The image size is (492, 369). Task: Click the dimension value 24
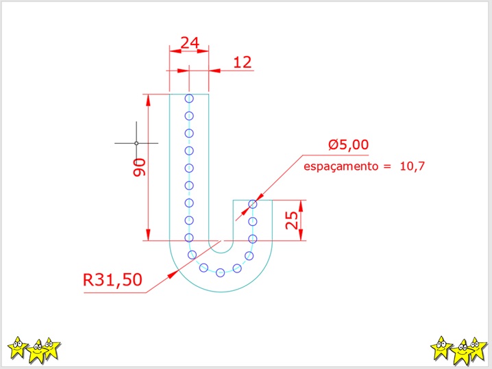pos(190,42)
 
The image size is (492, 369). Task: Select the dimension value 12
pos(243,62)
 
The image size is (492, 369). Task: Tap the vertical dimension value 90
pos(140,168)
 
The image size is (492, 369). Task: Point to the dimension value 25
pos(291,220)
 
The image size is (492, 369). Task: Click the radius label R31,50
pos(112,279)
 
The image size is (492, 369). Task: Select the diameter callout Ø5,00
pos(348,145)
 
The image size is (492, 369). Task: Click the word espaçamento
pos(341,166)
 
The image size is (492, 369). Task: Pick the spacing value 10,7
pos(412,166)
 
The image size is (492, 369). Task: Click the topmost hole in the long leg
pos(189,99)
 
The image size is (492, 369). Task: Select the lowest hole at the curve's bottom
pos(220,272)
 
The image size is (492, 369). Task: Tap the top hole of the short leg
pos(253,205)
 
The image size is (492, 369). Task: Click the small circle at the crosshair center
pos(136,143)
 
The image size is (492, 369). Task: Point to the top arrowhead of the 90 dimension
pos(148,100)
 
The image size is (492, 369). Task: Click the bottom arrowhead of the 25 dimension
pos(301,235)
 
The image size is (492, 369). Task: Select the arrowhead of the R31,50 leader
pos(173,275)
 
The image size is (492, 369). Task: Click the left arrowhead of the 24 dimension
pos(175,51)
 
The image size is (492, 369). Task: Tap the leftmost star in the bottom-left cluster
pos(18,347)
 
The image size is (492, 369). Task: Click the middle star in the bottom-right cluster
pos(462,352)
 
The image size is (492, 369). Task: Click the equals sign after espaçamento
pos(387,166)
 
